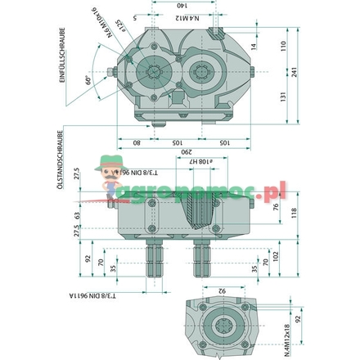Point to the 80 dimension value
click(x=136, y=142)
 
